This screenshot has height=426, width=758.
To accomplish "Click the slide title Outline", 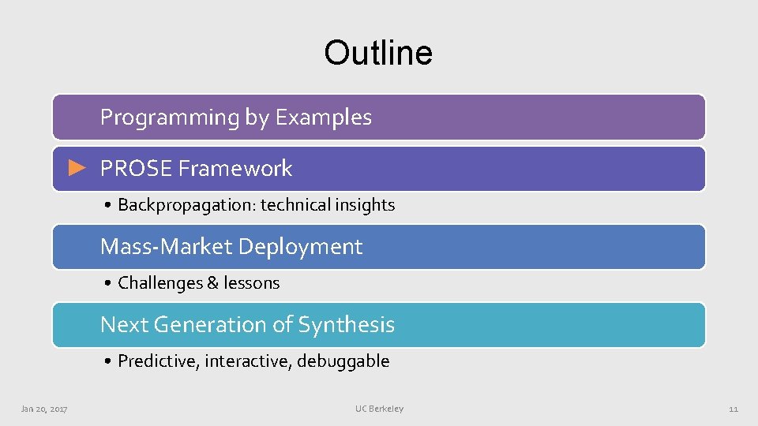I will (378, 53).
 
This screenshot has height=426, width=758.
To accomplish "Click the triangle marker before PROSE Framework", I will (76, 167).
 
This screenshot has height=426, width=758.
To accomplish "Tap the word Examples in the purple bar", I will (323, 118).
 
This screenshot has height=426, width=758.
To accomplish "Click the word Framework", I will (235, 168).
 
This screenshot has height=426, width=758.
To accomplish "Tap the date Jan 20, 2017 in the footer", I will (44, 409).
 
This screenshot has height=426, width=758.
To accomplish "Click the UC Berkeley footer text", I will (379, 409).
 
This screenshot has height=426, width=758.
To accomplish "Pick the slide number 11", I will (733, 409).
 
